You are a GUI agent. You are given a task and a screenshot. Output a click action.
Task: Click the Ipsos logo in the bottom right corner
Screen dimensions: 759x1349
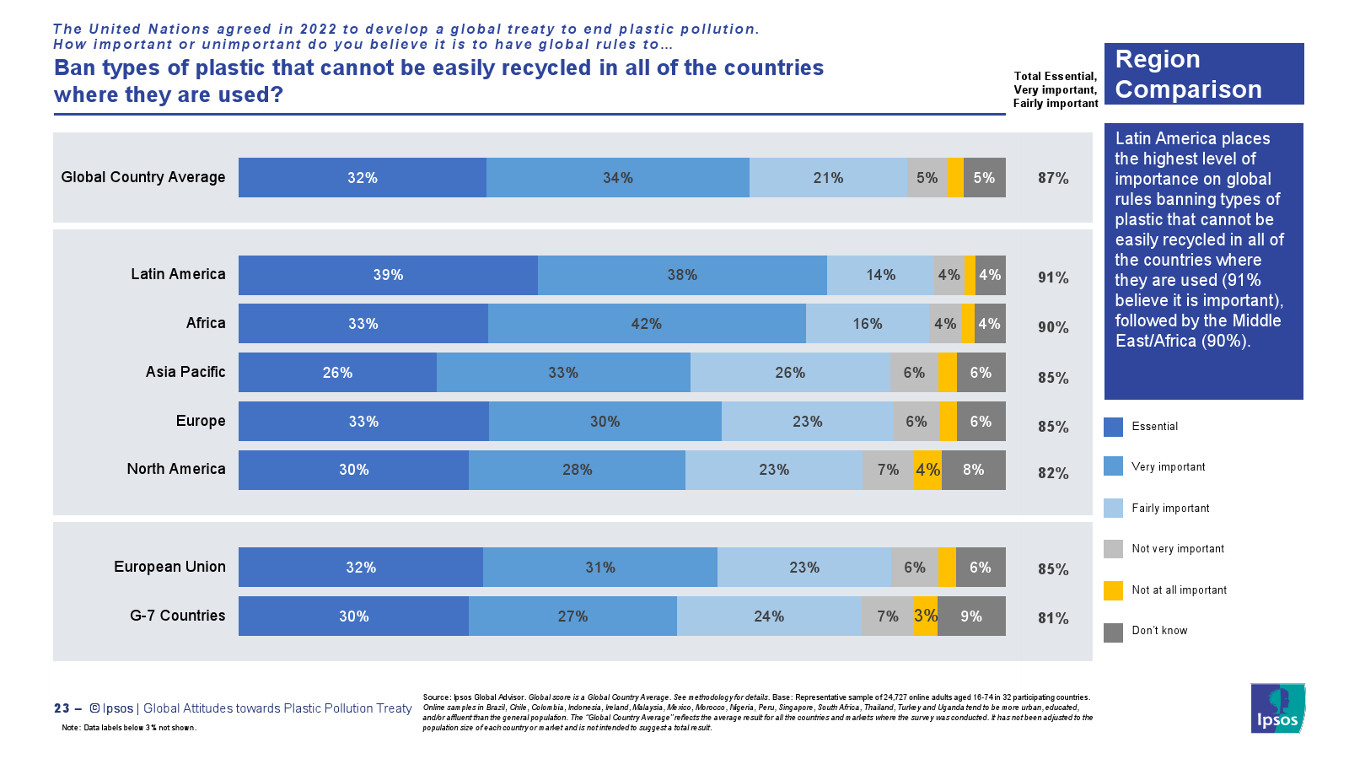(1277, 708)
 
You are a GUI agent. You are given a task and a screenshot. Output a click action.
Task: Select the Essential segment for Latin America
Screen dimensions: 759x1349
(388, 275)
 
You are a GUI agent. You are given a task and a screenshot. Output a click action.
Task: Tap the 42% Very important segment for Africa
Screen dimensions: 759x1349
(647, 324)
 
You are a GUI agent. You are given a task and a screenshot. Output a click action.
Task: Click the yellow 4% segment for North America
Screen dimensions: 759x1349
(927, 470)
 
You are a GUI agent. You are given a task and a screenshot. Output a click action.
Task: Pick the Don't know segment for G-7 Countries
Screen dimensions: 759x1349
(971, 616)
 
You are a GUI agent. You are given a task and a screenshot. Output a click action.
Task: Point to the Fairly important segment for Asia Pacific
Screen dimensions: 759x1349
(790, 373)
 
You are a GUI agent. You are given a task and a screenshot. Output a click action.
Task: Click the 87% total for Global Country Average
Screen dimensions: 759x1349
(1053, 178)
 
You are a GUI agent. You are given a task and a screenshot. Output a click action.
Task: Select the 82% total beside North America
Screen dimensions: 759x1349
(1053, 473)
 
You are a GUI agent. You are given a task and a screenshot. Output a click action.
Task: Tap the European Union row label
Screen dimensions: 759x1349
(169, 567)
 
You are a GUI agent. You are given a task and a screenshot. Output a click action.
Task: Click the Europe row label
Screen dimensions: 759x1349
(201, 421)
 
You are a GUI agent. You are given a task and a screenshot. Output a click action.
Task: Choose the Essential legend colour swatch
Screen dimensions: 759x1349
(1113, 427)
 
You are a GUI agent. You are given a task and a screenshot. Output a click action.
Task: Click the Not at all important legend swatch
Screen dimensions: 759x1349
(1113, 590)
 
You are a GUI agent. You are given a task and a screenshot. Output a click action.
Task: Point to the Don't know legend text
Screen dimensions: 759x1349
(1159, 631)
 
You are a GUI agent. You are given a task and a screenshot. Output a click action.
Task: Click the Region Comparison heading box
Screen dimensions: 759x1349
(1203, 74)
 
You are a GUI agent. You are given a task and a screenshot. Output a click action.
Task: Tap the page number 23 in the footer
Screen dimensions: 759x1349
(62, 708)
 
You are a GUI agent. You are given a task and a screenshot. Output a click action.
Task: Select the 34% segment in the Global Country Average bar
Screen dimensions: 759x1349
(618, 178)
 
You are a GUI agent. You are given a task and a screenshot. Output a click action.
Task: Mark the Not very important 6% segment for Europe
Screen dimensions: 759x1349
(916, 422)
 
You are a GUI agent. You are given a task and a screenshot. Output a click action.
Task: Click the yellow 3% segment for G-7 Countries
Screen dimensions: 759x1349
(925, 616)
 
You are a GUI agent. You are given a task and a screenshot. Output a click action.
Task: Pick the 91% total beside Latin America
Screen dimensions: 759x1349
(1053, 277)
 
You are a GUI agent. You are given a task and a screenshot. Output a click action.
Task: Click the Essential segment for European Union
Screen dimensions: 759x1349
(361, 568)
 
